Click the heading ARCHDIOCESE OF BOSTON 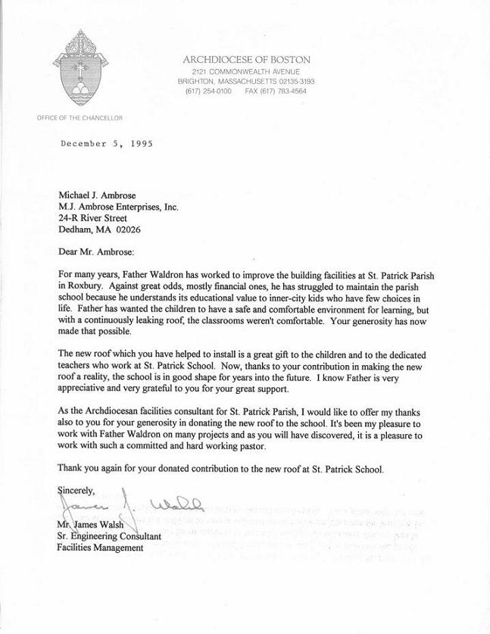tap(246, 59)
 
